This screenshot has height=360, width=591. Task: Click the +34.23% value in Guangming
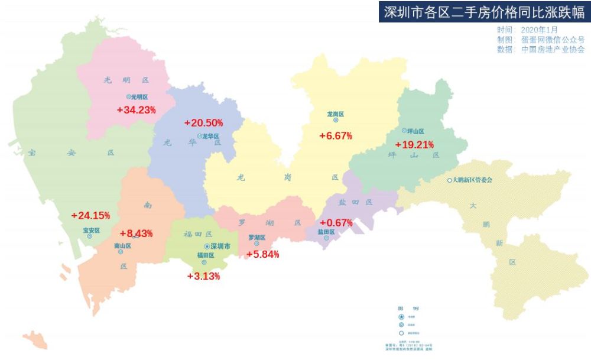[x=136, y=109]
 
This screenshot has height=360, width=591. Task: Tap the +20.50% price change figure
[x=203, y=123]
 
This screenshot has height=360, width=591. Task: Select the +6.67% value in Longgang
[x=336, y=136]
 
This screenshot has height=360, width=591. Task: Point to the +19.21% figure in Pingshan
[x=415, y=144]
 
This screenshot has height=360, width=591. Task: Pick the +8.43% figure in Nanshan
[x=137, y=233]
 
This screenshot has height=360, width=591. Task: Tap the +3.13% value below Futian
[x=203, y=276]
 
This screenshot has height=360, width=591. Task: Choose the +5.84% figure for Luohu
[x=262, y=254]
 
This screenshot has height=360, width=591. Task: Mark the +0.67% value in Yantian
[x=336, y=223]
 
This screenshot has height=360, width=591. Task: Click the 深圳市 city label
[x=220, y=246]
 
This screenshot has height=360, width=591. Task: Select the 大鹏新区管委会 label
[x=472, y=180]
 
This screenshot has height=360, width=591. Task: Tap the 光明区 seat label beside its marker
[x=139, y=96]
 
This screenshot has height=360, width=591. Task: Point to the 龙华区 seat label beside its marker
[x=210, y=136]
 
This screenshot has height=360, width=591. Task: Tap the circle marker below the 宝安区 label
[x=90, y=236]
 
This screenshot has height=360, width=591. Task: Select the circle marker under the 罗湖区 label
[x=256, y=243]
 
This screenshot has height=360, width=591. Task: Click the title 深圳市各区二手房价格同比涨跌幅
[x=484, y=12]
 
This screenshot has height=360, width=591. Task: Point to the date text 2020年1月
[x=539, y=30]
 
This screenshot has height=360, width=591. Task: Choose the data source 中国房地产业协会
[x=553, y=50]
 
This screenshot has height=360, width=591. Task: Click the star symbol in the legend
[x=401, y=317]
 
